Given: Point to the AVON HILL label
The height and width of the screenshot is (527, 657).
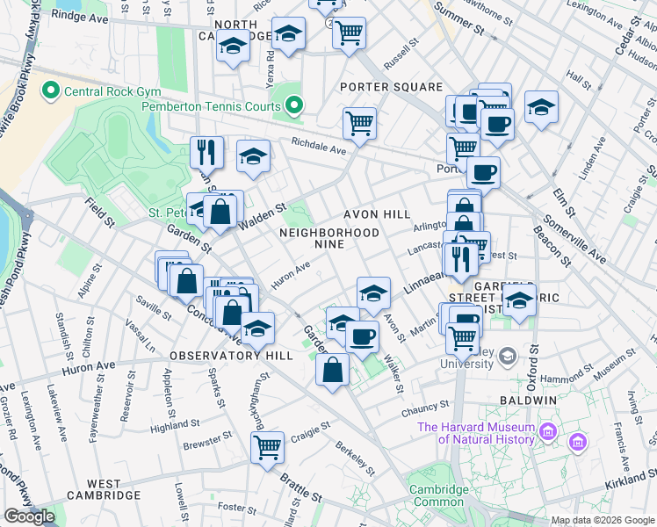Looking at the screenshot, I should click(x=377, y=214).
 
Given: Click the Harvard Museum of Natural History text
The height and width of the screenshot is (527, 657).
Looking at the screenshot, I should click(x=475, y=433).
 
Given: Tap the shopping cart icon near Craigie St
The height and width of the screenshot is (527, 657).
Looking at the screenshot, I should click(x=267, y=445).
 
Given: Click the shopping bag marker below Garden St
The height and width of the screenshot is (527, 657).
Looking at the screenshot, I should click(x=334, y=370).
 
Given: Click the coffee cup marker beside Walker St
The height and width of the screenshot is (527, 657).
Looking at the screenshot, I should click(x=361, y=336).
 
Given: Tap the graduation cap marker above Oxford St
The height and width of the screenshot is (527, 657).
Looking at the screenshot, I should click(x=520, y=301).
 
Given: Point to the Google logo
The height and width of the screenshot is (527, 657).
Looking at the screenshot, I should click(x=29, y=516).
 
